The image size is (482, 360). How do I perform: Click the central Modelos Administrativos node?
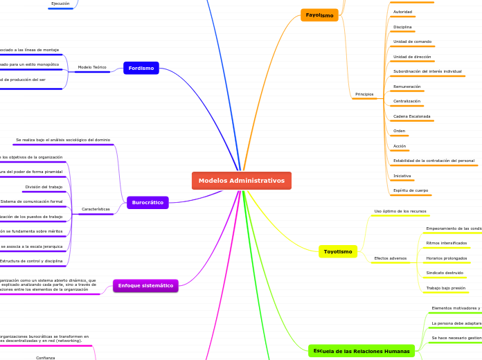pyautogui.click(x=241, y=181)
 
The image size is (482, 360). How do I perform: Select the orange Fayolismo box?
pyautogui.click(x=319, y=15)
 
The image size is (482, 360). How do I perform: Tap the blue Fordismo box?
pyautogui.click(x=141, y=68)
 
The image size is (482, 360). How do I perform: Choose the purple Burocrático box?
pyautogui.click(x=148, y=202)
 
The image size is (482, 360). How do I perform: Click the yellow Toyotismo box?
pyautogui.click(x=338, y=251)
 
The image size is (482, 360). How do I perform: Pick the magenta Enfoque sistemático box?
pyautogui.click(x=145, y=285)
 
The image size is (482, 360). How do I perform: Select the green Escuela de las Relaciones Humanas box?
pyautogui.click(x=361, y=351)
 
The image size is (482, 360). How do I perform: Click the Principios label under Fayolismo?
pyautogui.click(x=364, y=94)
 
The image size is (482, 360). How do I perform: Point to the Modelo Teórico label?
pyautogui.click(x=92, y=67)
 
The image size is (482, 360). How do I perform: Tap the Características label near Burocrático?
pyautogui.click(x=96, y=209)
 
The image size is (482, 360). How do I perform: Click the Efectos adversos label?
pyautogui.click(x=391, y=258)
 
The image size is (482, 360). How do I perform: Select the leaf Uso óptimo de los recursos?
pyautogui.click(x=400, y=211)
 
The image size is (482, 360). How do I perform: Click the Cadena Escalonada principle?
pyautogui.click(x=412, y=116)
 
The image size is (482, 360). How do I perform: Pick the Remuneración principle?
pyautogui.click(x=407, y=87)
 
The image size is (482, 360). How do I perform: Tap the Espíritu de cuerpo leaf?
pyautogui.click(x=411, y=190)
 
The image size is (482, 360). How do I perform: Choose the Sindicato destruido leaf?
pyautogui.click(x=445, y=273)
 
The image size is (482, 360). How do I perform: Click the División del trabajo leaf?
pyautogui.click(x=44, y=187)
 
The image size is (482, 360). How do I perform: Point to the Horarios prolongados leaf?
pyautogui.click(x=447, y=258)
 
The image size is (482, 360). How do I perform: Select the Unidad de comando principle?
pyautogui.click(x=412, y=42)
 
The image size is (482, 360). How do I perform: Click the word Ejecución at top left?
pyautogui.click(x=60, y=3)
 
